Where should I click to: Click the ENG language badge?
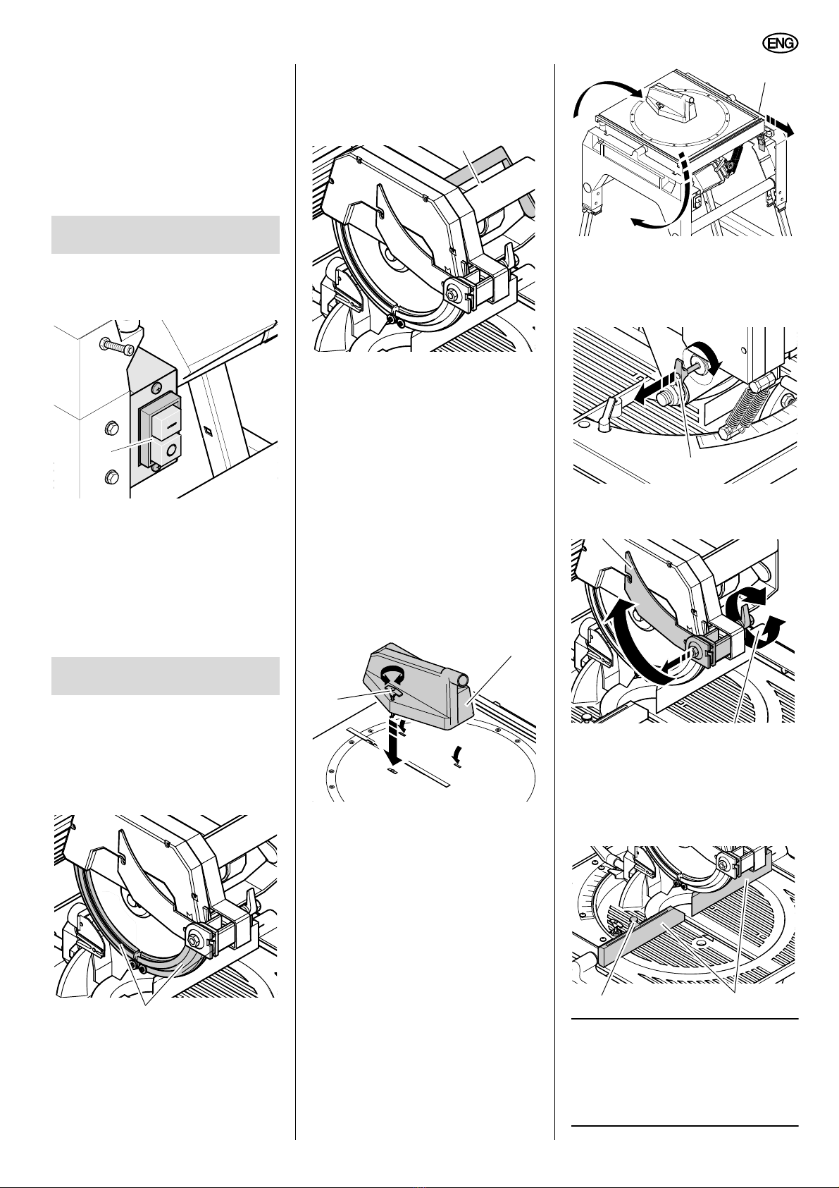[x=780, y=44]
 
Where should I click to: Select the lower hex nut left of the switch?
[x=111, y=477]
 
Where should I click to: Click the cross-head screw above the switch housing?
[x=157, y=388]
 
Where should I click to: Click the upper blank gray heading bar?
[x=166, y=234]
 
